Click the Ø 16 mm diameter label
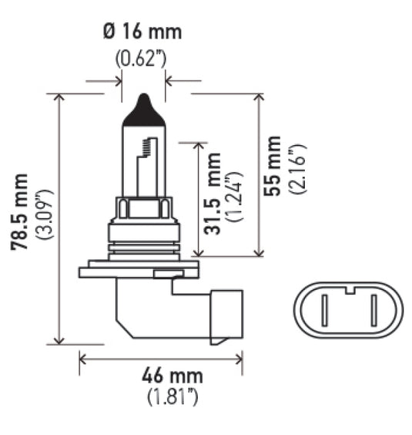(x=142, y=32)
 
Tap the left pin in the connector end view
(x=327, y=312)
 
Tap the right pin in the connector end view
(x=371, y=312)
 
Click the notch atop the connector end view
(x=349, y=289)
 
